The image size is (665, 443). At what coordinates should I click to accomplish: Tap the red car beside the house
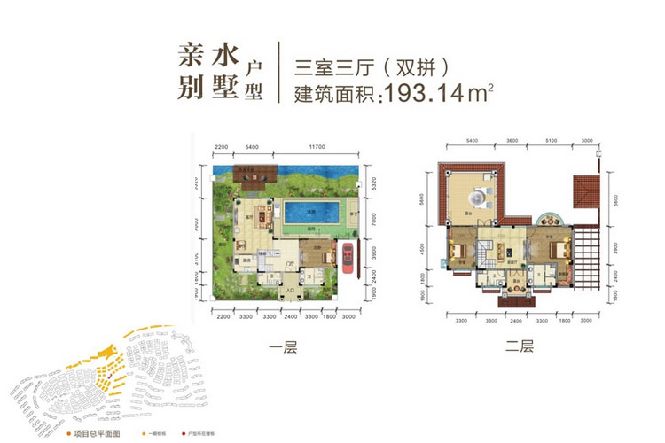(347, 260)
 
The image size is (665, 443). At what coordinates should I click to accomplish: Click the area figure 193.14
(419, 93)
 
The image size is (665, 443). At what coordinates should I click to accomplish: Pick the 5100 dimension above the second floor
(552, 141)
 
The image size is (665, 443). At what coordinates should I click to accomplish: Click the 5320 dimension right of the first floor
(377, 184)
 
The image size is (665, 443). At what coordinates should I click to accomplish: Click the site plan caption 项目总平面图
(98, 435)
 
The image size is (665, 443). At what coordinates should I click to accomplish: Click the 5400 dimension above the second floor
(471, 141)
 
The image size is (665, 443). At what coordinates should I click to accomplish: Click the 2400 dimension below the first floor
(291, 315)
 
